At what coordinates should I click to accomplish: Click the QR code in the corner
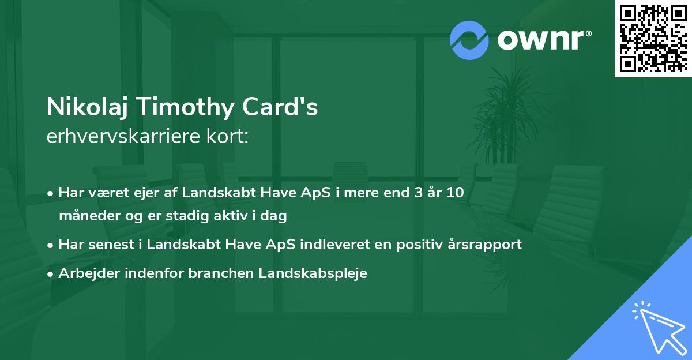click(x=653, y=39)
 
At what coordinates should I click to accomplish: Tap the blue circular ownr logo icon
click(x=469, y=40)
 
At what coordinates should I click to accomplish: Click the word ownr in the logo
click(x=541, y=40)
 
